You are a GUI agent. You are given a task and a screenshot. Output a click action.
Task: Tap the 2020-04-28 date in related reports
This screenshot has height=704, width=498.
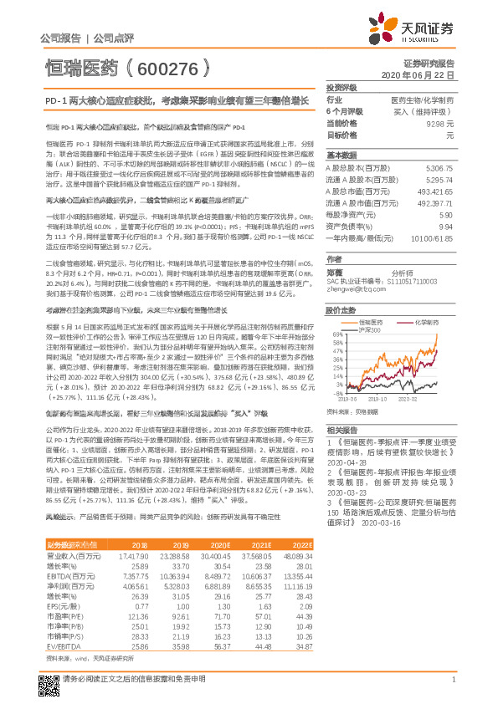347,461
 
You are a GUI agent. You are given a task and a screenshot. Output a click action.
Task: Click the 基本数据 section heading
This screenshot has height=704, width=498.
341,156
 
